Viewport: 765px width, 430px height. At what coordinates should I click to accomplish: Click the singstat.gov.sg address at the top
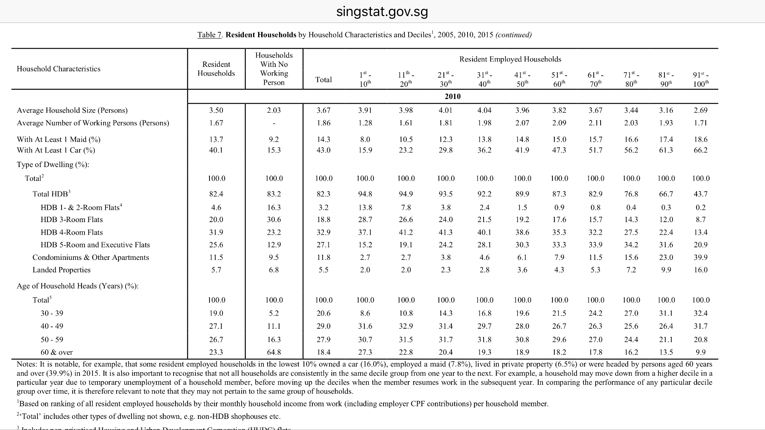click(x=382, y=12)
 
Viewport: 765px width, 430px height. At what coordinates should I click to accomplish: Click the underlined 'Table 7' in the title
click(x=209, y=35)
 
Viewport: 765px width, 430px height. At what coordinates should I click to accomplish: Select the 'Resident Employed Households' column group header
click(x=510, y=59)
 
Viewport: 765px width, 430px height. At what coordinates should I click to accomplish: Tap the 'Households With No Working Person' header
click(x=274, y=69)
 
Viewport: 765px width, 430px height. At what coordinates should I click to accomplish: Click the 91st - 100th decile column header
click(x=700, y=79)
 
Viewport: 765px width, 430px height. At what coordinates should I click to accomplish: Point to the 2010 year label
click(x=453, y=96)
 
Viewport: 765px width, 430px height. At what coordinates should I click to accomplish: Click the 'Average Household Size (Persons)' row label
click(x=72, y=110)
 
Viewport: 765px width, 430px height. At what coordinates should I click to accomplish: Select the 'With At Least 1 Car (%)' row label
click(x=56, y=150)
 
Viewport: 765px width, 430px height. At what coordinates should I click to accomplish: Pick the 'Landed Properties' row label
click(x=62, y=270)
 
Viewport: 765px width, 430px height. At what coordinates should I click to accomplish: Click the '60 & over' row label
click(x=57, y=352)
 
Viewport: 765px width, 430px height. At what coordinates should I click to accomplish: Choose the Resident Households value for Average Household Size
click(x=216, y=110)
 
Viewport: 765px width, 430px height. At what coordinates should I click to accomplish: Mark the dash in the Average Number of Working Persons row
click(x=274, y=123)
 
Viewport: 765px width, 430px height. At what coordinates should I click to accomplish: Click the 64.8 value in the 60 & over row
click(x=274, y=352)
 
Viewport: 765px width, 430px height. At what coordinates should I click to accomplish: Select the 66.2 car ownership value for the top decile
click(x=700, y=150)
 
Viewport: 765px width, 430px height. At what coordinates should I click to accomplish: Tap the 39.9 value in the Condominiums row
click(x=700, y=257)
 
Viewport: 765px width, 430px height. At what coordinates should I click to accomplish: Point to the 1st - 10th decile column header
click(x=365, y=79)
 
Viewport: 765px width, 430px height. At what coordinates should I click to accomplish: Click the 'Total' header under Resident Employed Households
click(x=323, y=80)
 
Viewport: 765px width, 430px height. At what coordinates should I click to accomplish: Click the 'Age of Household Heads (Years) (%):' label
click(x=78, y=286)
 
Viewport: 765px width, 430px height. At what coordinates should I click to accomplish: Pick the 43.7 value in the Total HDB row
click(x=700, y=194)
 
